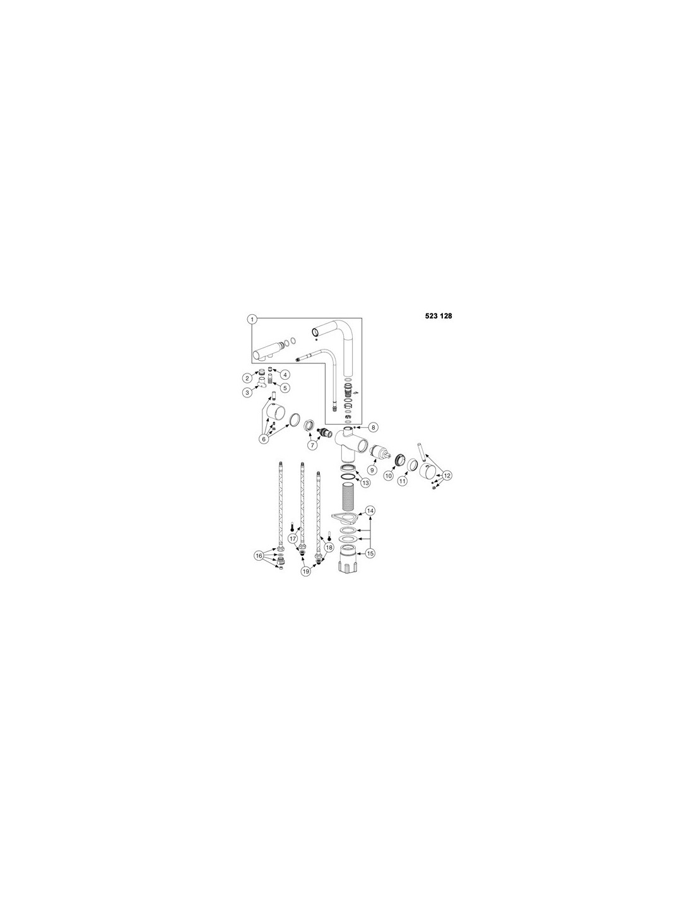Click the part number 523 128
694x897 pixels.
click(x=438, y=316)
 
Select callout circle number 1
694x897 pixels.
click(x=252, y=319)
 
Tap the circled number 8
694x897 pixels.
click(x=373, y=427)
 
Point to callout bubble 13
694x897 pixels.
click(x=365, y=481)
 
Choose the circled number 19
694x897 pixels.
click(x=305, y=572)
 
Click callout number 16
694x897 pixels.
click(x=259, y=556)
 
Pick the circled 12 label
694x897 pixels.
click(x=447, y=476)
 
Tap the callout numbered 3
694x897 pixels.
click(x=247, y=392)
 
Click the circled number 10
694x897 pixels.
click(x=388, y=476)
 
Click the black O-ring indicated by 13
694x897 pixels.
click(x=348, y=478)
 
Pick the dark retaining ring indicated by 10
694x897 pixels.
click(x=400, y=459)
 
